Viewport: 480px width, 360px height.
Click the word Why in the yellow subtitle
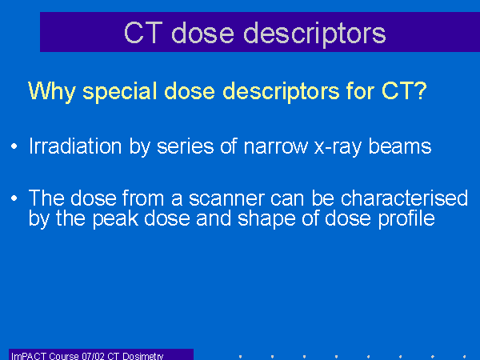(x=52, y=91)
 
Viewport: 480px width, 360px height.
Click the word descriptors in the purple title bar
(x=314, y=34)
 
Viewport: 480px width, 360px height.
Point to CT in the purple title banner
(x=143, y=33)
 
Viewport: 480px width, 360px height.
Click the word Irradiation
(x=75, y=146)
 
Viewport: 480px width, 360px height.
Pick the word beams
(x=399, y=146)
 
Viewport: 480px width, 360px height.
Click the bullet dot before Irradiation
(x=14, y=146)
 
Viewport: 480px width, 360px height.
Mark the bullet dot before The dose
(x=14, y=198)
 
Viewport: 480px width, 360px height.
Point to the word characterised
(x=404, y=198)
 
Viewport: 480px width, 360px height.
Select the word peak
(x=115, y=219)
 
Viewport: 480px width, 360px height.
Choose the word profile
(x=406, y=218)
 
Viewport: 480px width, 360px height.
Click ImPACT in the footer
(x=29, y=356)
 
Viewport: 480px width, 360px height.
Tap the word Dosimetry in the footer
(x=143, y=356)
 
